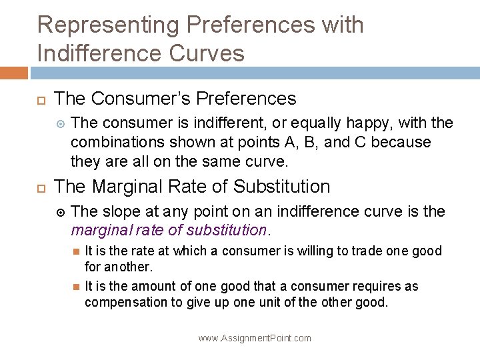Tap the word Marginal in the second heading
point(129,187)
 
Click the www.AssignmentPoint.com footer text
point(255,338)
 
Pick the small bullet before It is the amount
point(76,287)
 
